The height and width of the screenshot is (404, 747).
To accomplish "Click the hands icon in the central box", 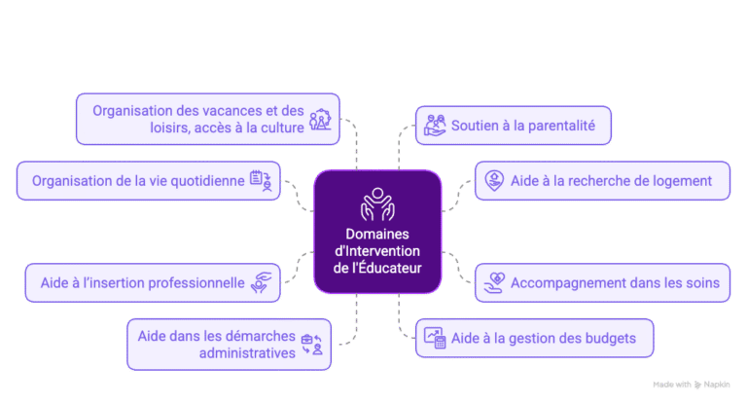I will pyautogui.click(x=376, y=202).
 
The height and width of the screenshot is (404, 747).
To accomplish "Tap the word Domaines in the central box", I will pyautogui.click(x=377, y=234).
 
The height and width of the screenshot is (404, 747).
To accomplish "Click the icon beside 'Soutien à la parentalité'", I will pyautogui.click(x=435, y=125).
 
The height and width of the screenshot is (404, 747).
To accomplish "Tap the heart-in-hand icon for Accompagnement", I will pyautogui.click(x=493, y=283).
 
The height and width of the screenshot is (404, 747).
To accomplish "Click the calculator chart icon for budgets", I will pyautogui.click(x=435, y=338).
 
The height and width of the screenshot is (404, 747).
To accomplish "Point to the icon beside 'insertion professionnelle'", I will pyautogui.click(x=263, y=283).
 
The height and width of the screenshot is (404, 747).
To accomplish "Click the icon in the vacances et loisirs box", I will pyautogui.click(x=319, y=119).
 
